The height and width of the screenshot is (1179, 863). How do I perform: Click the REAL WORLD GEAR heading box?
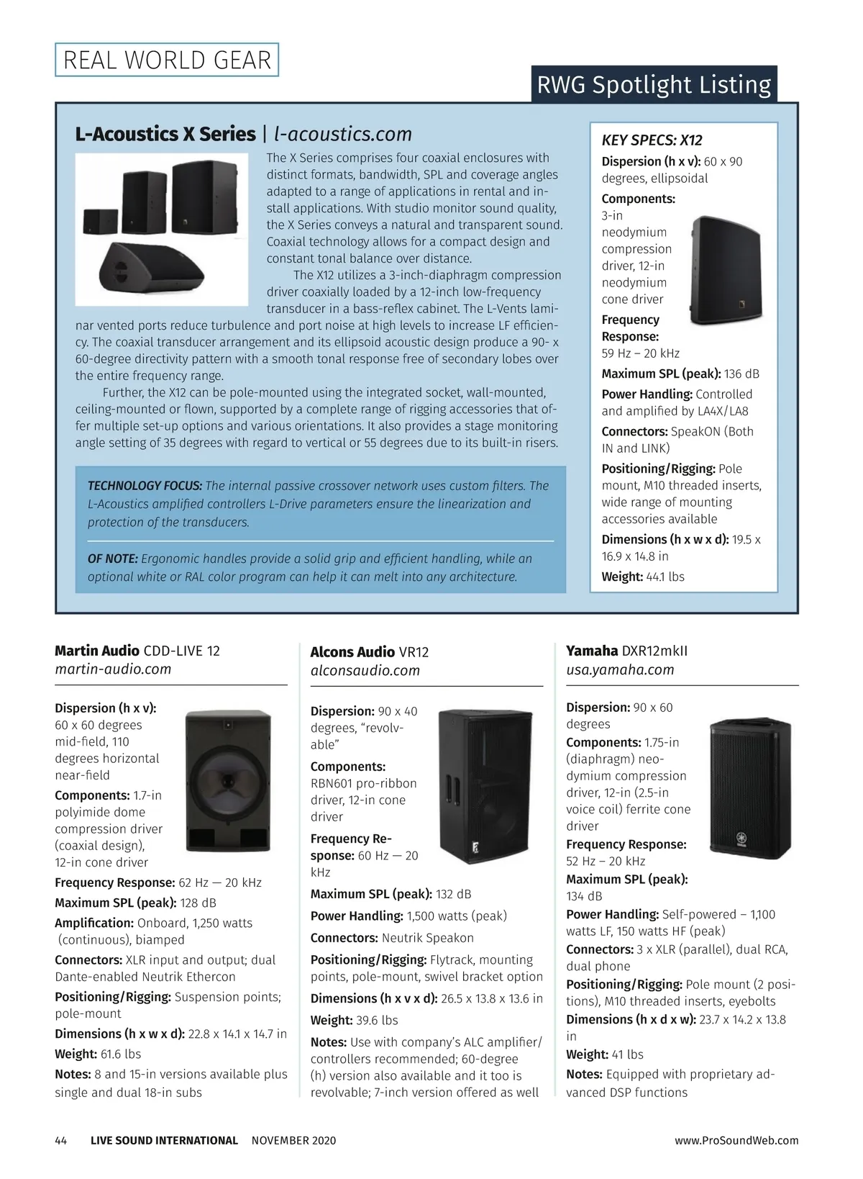(x=167, y=60)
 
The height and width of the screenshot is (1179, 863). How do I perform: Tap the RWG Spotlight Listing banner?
(x=654, y=84)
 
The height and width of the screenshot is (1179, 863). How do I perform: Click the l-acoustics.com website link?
(x=343, y=134)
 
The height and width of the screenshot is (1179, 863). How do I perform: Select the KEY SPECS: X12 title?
(x=652, y=140)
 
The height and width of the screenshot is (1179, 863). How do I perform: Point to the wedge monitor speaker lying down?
(x=152, y=268)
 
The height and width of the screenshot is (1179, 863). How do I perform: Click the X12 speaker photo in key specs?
(x=726, y=270)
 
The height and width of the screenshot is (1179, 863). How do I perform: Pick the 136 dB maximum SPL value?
(x=741, y=374)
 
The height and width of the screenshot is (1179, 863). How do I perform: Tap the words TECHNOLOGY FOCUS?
(x=145, y=486)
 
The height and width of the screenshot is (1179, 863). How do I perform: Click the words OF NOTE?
(x=112, y=559)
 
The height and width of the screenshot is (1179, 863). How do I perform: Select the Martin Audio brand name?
(x=97, y=651)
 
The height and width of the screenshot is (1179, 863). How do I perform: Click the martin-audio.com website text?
(x=113, y=669)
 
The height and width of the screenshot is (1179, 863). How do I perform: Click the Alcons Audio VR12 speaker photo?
(x=485, y=786)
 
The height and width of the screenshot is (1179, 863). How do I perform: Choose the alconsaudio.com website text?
(x=365, y=671)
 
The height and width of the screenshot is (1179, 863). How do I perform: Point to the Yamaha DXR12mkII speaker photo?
(x=750, y=788)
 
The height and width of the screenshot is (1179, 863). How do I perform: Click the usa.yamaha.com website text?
(x=620, y=669)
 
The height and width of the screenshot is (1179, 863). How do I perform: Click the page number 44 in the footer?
(x=61, y=1141)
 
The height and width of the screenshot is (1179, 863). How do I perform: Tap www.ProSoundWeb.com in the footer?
(x=736, y=1141)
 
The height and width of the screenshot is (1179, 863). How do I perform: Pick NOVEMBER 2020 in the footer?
(x=293, y=1141)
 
